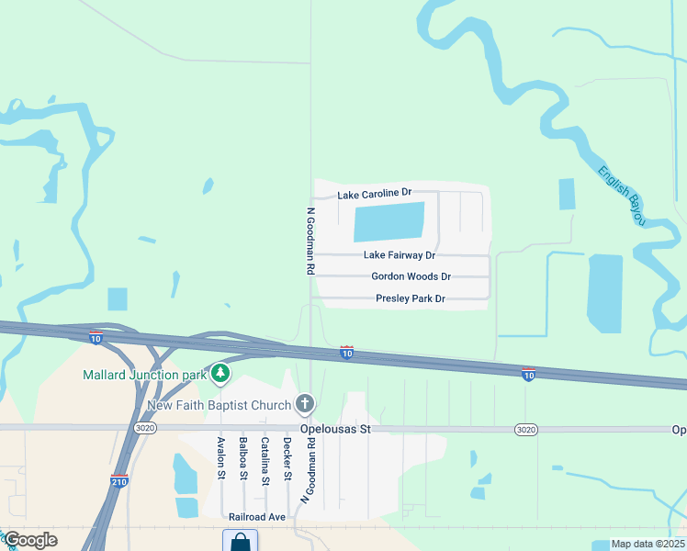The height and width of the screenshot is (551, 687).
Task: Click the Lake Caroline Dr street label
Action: tap(374, 195)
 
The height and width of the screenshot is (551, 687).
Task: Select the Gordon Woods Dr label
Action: tap(411, 276)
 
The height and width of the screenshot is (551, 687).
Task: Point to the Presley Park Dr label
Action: tap(410, 298)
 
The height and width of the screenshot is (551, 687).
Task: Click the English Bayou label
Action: tap(623, 195)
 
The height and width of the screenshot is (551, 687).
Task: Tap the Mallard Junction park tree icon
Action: tap(220, 374)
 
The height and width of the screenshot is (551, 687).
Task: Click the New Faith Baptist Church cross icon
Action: tap(305, 403)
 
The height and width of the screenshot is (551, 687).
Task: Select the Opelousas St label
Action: tap(334, 429)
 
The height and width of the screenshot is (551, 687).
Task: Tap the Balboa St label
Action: tap(243, 458)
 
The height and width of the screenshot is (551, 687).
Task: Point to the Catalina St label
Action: tap(265, 461)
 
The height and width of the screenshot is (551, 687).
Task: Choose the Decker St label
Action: tap(287, 458)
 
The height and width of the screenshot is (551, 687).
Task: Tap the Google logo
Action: tap(29, 540)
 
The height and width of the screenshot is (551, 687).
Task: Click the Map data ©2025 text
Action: tap(648, 544)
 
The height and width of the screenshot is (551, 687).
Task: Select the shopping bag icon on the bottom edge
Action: tap(240, 541)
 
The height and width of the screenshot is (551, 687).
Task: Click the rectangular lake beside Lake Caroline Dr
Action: tap(389, 222)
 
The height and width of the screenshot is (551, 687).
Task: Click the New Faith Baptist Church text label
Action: tap(219, 405)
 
